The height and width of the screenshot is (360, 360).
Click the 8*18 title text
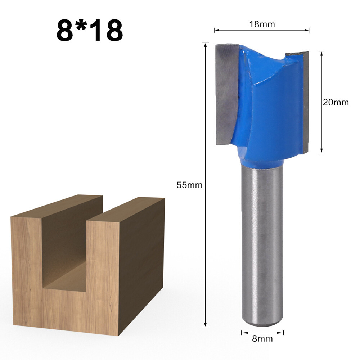pos(90,31)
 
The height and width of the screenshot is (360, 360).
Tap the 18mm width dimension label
pos(262,24)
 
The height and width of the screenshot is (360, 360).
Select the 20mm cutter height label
pos(336,102)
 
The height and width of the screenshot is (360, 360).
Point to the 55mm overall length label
pos(189,185)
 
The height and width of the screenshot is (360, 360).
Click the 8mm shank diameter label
pos(262,338)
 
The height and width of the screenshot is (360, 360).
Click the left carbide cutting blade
pos(226,94)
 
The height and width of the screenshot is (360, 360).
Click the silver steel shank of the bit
pos(262,245)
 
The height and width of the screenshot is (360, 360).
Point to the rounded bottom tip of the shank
pos(262,323)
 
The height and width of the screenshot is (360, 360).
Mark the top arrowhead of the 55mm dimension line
pos(206,45)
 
